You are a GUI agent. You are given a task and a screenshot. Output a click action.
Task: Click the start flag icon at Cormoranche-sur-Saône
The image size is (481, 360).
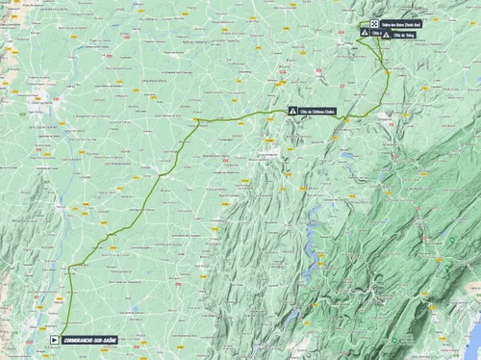(53, 339)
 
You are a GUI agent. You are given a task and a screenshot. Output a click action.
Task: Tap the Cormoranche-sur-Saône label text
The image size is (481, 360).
(89, 339)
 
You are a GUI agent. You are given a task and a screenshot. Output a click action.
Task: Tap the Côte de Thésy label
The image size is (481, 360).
(404, 36)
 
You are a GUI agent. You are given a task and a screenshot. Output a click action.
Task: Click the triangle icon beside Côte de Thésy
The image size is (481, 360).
(386, 36)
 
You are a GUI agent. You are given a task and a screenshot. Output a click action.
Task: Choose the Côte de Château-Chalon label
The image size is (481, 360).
(317, 110)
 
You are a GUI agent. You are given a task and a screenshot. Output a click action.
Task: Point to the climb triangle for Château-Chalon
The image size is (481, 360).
(293, 110)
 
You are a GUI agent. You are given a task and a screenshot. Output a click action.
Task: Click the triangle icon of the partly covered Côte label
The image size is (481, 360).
(364, 32)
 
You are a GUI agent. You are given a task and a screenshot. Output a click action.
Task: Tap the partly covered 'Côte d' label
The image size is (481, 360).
(376, 32)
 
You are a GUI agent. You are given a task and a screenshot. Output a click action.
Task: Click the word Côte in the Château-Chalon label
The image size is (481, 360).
(306, 110)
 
